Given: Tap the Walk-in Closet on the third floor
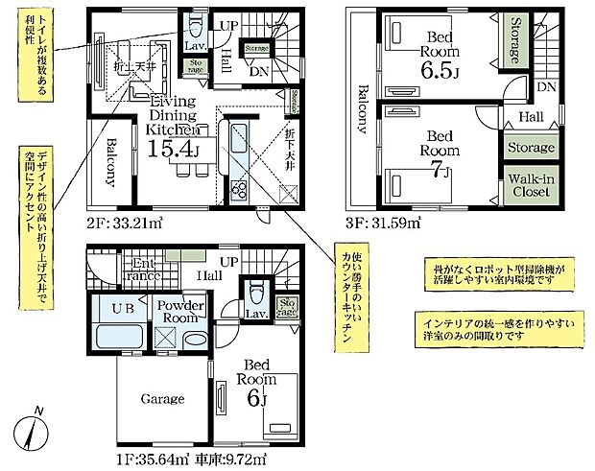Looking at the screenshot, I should pyautogui.click(x=531, y=185).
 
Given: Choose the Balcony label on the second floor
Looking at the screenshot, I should pyautogui.click(x=110, y=163).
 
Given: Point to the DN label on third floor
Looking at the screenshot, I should pyautogui.click(x=546, y=87).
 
